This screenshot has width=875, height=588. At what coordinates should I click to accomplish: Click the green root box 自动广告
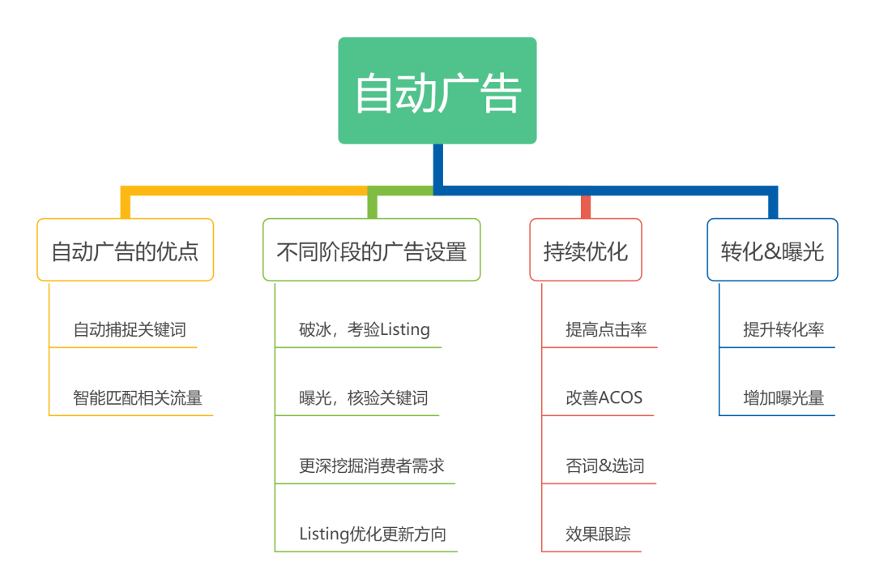(437, 91)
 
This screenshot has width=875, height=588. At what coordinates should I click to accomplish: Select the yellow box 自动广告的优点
(125, 250)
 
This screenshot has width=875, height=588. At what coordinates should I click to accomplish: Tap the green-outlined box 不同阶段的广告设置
(372, 250)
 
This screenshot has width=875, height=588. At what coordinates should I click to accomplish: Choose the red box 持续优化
(586, 250)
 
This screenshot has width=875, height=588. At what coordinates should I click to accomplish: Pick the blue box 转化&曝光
(772, 250)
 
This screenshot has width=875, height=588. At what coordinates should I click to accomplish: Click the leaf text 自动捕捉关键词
(130, 329)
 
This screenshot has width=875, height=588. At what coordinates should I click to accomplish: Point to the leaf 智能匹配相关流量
(137, 397)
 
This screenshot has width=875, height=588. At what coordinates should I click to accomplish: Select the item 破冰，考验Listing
(365, 329)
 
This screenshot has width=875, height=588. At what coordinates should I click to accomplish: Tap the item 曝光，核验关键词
(364, 397)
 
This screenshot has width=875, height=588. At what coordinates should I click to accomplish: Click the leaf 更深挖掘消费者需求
(372, 466)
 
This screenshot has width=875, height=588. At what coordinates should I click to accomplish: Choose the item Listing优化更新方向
(373, 534)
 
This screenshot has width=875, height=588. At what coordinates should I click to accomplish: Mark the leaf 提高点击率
(606, 329)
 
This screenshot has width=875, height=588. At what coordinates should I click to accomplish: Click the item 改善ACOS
(604, 397)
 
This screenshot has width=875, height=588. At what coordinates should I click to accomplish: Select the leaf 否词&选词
(605, 466)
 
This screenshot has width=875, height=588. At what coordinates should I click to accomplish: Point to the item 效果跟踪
(598, 534)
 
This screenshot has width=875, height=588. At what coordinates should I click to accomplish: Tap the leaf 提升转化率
(783, 329)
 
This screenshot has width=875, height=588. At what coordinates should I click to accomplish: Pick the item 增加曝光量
(783, 397)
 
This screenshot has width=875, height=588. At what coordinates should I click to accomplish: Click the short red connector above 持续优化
(586, 207)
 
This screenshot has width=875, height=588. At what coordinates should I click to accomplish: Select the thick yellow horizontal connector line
(245, 191)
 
